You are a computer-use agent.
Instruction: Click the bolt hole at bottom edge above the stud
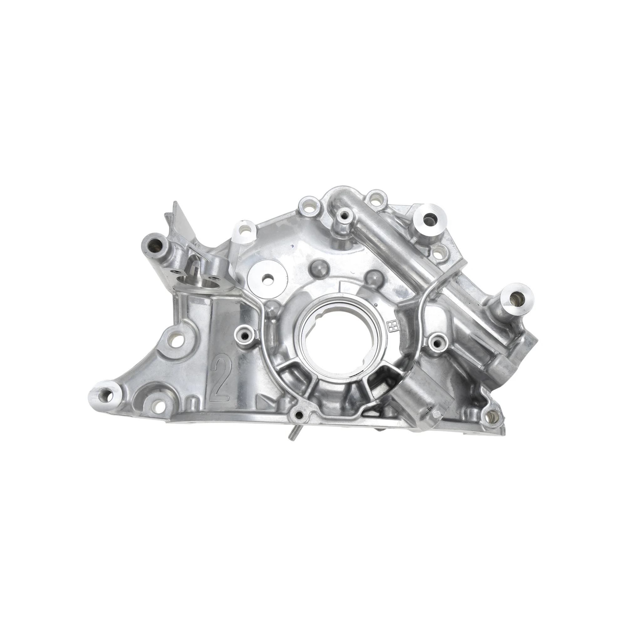pos(299,415)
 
